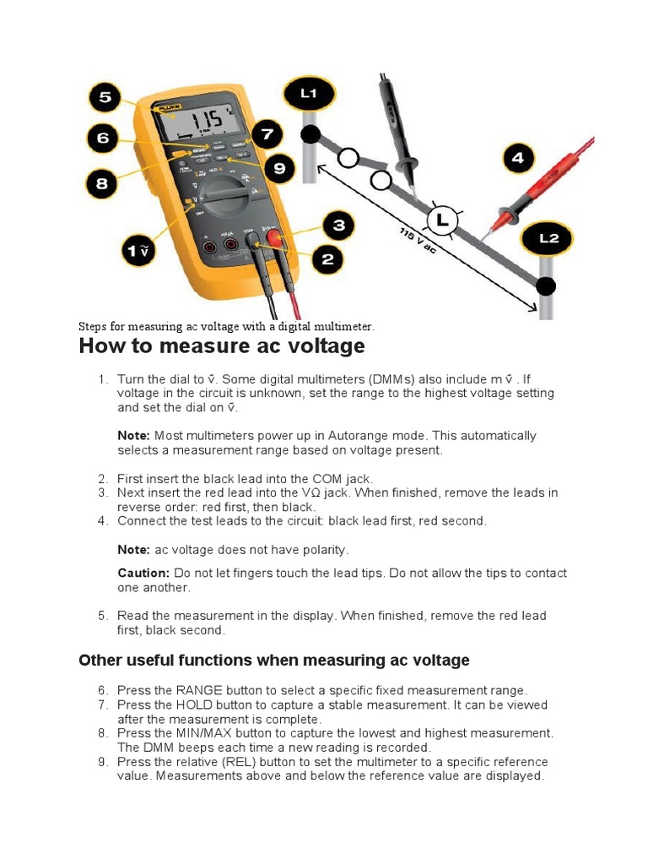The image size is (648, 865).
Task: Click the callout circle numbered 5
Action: coord(105,98)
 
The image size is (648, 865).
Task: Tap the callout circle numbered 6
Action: coord(103,139)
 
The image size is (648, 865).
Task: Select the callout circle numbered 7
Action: coord(267,134)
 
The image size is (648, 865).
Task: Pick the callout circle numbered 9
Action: coord(279,170)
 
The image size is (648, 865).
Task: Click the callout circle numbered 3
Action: coord(338,226)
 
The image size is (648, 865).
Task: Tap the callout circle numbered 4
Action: coord(517,158)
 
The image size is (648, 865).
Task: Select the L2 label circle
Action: coord(549,239)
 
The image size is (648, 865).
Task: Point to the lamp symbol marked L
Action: coord(440,222)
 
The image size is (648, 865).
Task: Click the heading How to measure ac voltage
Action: coord(221,346)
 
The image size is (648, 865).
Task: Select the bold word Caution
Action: coord(143,573)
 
